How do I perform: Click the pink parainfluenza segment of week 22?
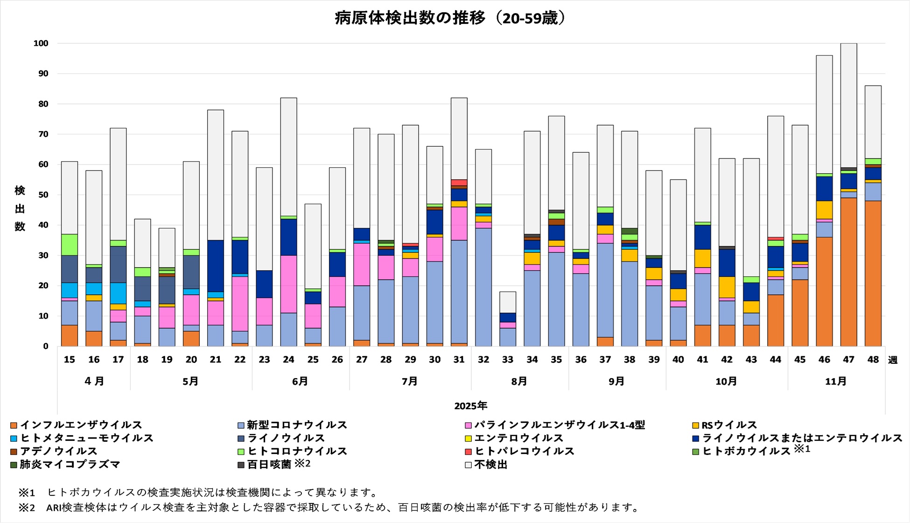coord(240,304)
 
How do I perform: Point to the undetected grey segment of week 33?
coord(508,302)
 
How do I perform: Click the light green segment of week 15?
coord(70,245)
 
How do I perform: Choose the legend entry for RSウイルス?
coord(728,425)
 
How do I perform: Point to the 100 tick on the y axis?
coord(41,43)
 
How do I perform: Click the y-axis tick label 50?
coord(43,195)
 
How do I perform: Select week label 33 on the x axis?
coord(508,360)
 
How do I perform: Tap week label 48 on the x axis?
coord(873,360)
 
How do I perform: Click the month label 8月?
coord(519,381)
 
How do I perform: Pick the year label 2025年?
coord(470,406)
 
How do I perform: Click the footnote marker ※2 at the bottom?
coord(27,507)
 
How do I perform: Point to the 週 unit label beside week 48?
coord(892,360)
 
